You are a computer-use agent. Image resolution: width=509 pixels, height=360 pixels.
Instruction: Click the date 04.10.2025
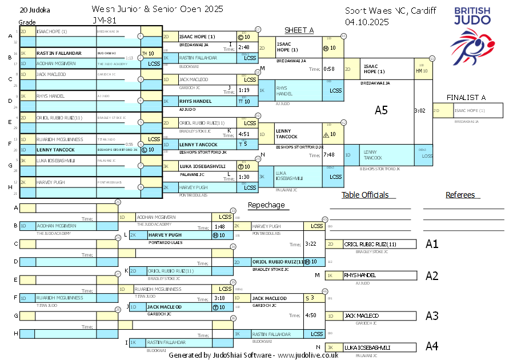point(367,22)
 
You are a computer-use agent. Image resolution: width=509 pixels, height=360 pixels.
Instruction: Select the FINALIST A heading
point(466,97)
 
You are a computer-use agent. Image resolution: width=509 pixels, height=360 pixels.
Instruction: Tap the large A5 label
point(381,110)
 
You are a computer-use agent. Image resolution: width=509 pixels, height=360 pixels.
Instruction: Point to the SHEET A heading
point(299,30)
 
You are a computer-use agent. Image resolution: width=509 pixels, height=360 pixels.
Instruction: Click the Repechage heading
point(266,205)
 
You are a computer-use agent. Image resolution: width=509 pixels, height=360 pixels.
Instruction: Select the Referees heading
point(460,195)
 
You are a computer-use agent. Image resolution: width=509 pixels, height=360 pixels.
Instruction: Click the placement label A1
point(432,244)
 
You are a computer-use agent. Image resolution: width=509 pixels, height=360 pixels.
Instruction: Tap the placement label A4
point(432,346)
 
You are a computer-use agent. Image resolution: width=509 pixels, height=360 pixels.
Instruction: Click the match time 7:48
point(328,154)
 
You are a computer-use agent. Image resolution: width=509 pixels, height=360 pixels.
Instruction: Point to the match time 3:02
point(420,111)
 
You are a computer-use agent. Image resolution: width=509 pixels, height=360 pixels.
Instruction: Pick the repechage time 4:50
point(311,315)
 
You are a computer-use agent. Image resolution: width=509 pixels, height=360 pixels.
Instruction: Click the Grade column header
point(27,22)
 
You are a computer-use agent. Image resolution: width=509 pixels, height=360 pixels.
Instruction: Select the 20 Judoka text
point(35,10)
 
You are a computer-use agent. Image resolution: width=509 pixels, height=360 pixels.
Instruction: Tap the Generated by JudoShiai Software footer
point(253,355)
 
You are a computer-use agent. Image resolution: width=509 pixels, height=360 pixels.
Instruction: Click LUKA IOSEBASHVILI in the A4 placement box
point(367,347)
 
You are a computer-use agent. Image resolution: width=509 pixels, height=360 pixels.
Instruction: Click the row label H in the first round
point(10,186)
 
